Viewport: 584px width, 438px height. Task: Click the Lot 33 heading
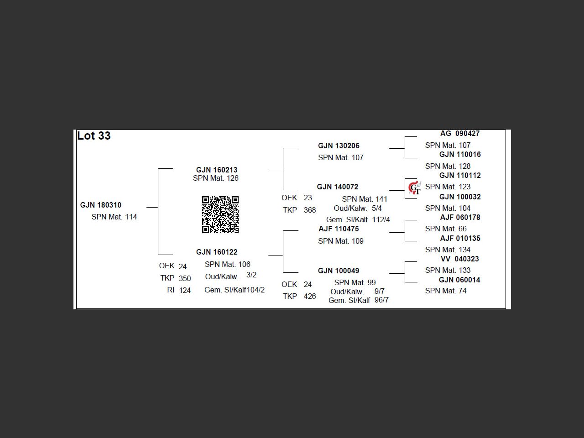point(94,136)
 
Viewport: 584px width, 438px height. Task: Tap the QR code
point(220,214)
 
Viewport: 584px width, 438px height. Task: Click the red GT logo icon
point(414,188)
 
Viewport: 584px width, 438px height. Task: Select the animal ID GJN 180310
point(101,205)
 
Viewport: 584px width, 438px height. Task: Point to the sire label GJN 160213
point(217,170)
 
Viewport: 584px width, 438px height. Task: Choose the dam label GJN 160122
point(217,252)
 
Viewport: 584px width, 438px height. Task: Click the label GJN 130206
point(339,146)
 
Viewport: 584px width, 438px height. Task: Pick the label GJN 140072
point(338,187)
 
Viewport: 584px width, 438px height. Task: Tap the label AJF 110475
point(339,229)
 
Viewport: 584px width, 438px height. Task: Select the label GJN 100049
point(339,271)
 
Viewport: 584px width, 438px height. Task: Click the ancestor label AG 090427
point(459,134)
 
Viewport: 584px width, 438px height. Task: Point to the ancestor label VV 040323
point(459,259)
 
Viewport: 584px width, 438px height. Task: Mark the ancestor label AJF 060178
point(460,218)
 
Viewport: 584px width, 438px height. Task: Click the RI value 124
point(185,290)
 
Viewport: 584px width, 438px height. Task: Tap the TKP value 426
point(310,297)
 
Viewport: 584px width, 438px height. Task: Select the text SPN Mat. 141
point(365,199)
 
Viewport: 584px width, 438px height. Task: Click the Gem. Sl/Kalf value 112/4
point(381,219)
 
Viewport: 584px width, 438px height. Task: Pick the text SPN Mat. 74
point(446,291)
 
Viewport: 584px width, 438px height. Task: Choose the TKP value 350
point(185,278)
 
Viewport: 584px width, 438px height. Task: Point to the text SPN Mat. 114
point(114,217)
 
